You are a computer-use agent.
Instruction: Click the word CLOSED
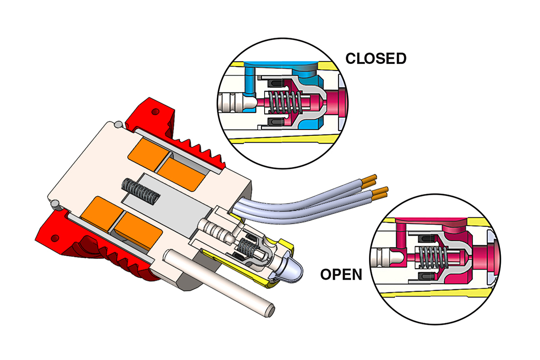tap(376, 58)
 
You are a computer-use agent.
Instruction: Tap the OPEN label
tap(341, 274)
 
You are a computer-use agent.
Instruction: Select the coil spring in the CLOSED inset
tap(280, 102)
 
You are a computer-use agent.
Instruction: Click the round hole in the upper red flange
tap(156, 111)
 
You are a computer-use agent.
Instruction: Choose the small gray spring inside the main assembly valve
tap(247, 247)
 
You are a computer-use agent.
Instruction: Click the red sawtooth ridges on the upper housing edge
tap(202, 146)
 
